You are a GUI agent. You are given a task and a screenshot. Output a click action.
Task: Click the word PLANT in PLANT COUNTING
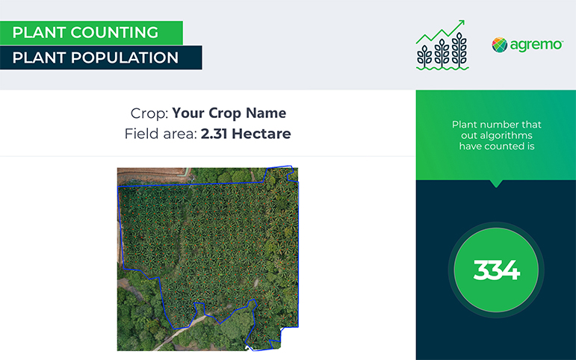pyautogui.click(x=39, y=32)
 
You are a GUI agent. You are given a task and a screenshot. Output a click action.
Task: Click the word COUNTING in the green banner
pyautogui.click(x=114, y=32)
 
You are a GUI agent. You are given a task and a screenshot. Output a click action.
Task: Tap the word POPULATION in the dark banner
pyautogui.click(x=125, y=58)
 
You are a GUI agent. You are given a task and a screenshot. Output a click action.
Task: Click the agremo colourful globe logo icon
pyautogui.click(x=499, y=45)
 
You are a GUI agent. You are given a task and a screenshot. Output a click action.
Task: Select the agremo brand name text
pyautogui.click(x=536, y=45)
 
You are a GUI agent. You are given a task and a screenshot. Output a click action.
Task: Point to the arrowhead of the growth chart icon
pyautogui.click(x=461, y=23)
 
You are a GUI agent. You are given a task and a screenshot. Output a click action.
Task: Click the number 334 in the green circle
pyautogui.click(x=496, y=270)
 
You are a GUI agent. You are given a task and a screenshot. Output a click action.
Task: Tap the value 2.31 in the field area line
pyautogui.click(x=214, y=134)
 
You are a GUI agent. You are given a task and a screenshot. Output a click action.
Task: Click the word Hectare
pyautogui.click(x=261, y=134)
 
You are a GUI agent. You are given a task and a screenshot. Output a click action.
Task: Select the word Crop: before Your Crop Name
pyautogui.click(x=149, y=113)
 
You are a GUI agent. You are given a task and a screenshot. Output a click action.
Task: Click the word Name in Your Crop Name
pyautogui.click(x=266, y=113)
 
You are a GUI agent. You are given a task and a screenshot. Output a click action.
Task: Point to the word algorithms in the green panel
pyautogui.click(x=497, y=135)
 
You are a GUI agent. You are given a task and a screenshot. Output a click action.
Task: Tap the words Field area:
pyautogui.click(x=161, y=134)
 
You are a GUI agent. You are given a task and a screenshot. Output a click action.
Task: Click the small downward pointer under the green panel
pyautogui.click(x=496, y=183)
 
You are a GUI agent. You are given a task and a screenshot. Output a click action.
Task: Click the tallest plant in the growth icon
pyautogui.click(x=459, y=49)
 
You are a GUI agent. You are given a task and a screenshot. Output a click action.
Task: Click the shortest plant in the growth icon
pyautogui.click(x=424, y=56)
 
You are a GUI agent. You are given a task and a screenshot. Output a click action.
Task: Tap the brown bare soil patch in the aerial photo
pyautogui.click(x=151, y=175)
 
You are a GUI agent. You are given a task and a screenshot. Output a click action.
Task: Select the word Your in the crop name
pyautogui.click(x=188, y=113)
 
